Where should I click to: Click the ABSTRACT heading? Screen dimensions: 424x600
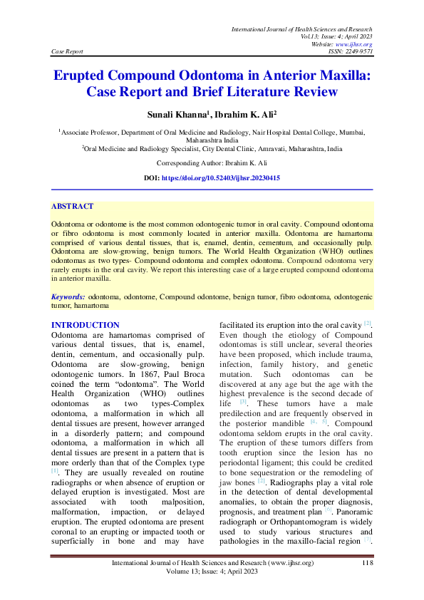pos(72,207)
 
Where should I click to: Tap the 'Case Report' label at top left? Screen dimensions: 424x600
pos(68,51)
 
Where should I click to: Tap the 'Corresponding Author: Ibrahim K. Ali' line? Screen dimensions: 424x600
pos(212,163)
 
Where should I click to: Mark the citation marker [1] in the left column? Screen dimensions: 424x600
pos(55,471)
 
